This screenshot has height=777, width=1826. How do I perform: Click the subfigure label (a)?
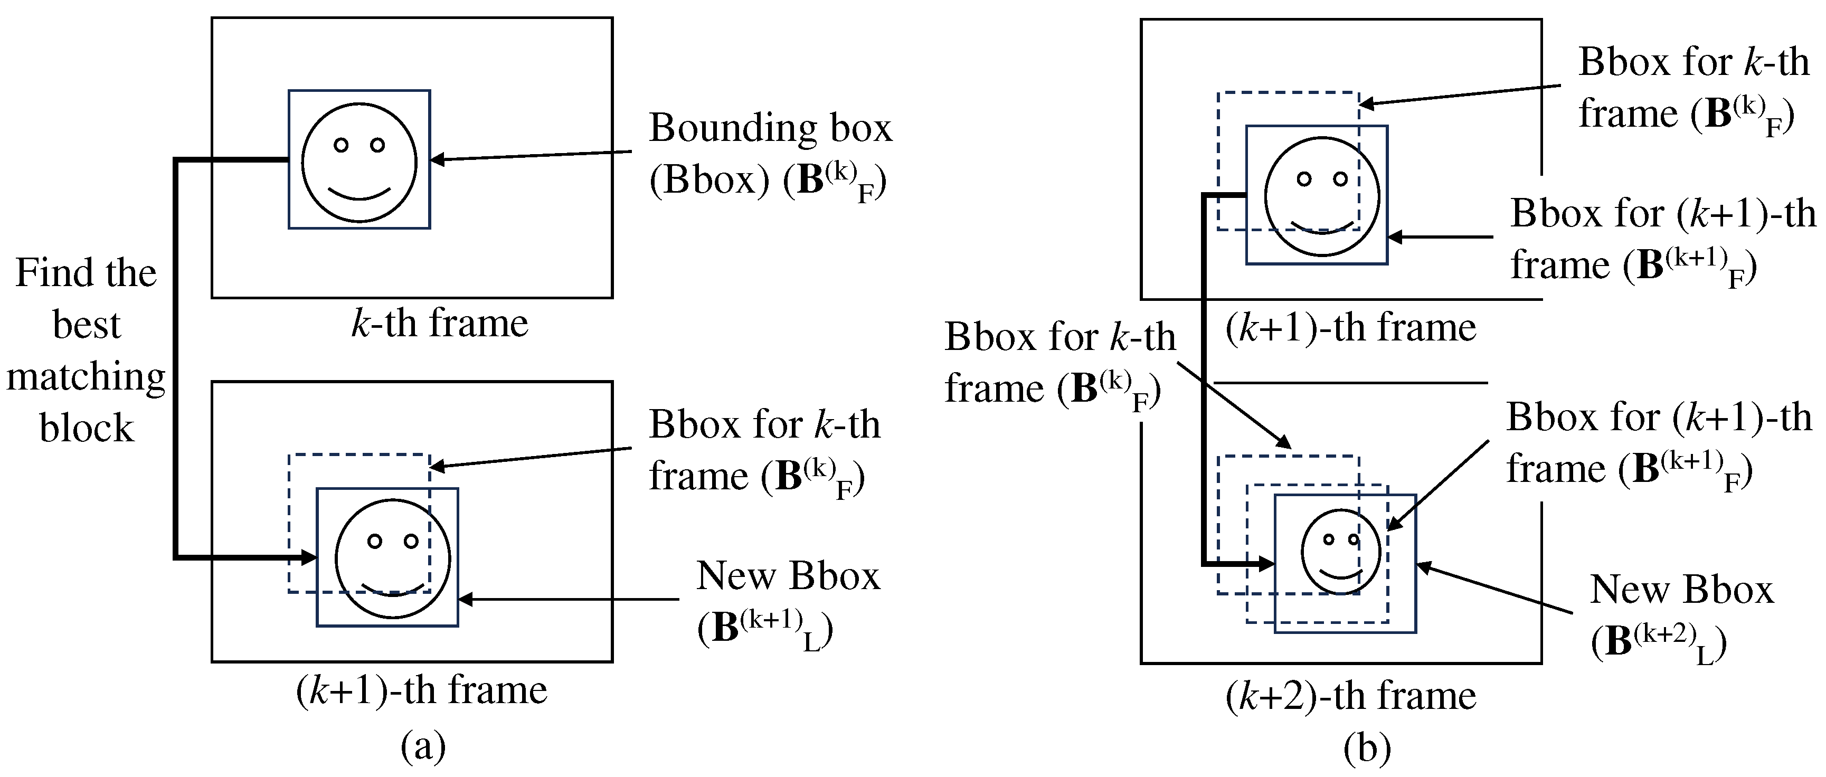(423, 746)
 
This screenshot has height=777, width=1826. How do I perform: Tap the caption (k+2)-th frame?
(1350, 696)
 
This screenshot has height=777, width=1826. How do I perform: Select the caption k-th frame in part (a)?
(440, 323)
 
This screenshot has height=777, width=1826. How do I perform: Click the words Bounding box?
(770, 128)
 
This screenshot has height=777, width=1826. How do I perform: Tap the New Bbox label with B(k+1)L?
(787, 601)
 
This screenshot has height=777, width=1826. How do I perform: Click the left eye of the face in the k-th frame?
(341, 145)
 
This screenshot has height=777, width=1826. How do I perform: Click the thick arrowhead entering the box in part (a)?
(308, 557)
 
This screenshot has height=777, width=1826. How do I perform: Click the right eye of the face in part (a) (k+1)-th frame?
(410, 542)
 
